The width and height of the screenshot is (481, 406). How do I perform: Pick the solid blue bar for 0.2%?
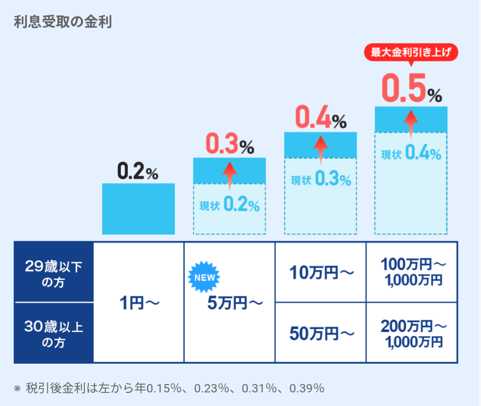click(x=138, y=209)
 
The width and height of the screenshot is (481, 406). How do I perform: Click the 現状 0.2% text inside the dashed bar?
click(x=230, y=206)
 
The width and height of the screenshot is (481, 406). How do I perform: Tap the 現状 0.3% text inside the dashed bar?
click(x=321, y=180)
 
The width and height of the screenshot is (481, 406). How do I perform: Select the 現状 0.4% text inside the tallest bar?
click(x=411, y=155)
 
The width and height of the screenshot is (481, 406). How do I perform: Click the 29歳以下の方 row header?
click(x=53, y=273)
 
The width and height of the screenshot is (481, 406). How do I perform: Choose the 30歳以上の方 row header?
click(x=53, y=334)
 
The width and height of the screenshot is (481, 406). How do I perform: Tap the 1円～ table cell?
click(x=140, y=303)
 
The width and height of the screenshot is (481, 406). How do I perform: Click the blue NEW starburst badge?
click(x=204, y=277)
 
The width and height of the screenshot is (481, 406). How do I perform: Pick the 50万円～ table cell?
click(x=321, y=333)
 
